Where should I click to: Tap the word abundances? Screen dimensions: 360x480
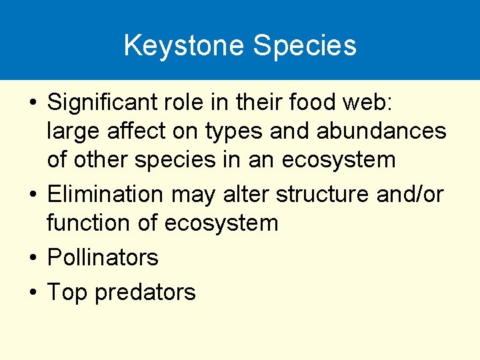pyautogui.click(x=383, y=131)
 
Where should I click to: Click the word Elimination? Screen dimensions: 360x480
pyautogui.click(x=105, y=195)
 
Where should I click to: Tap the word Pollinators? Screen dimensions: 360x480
pyautogui.click(x=103, y=257)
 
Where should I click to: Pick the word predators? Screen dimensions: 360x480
pyautogui.click(x=145, y=293)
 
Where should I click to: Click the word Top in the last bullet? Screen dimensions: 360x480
pyautogui.click(x=68, y=293)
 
